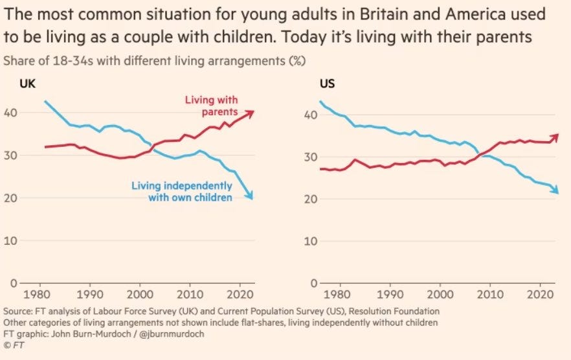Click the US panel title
click(x=326, y=84)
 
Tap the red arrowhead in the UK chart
click(x=250, y=113)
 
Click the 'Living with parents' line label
click(x=211, y=106)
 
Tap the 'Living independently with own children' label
click(x=181, y=192)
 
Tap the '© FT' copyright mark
click(x=14, y=346)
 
